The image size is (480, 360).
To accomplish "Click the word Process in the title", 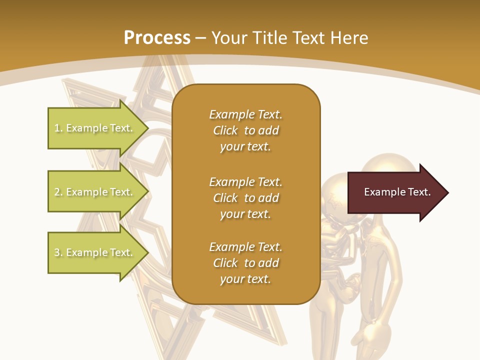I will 157,38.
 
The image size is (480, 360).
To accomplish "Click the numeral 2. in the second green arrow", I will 58,192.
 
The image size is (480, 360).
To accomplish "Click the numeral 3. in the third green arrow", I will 58,252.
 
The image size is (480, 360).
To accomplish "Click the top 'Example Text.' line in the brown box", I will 245,114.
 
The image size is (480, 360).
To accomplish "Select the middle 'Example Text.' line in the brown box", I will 245,182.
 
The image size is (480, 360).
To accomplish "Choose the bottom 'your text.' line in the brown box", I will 245,279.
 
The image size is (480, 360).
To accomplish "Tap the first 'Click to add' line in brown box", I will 245,130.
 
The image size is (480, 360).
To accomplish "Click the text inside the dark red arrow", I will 397,192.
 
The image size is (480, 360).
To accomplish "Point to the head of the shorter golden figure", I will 334,195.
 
